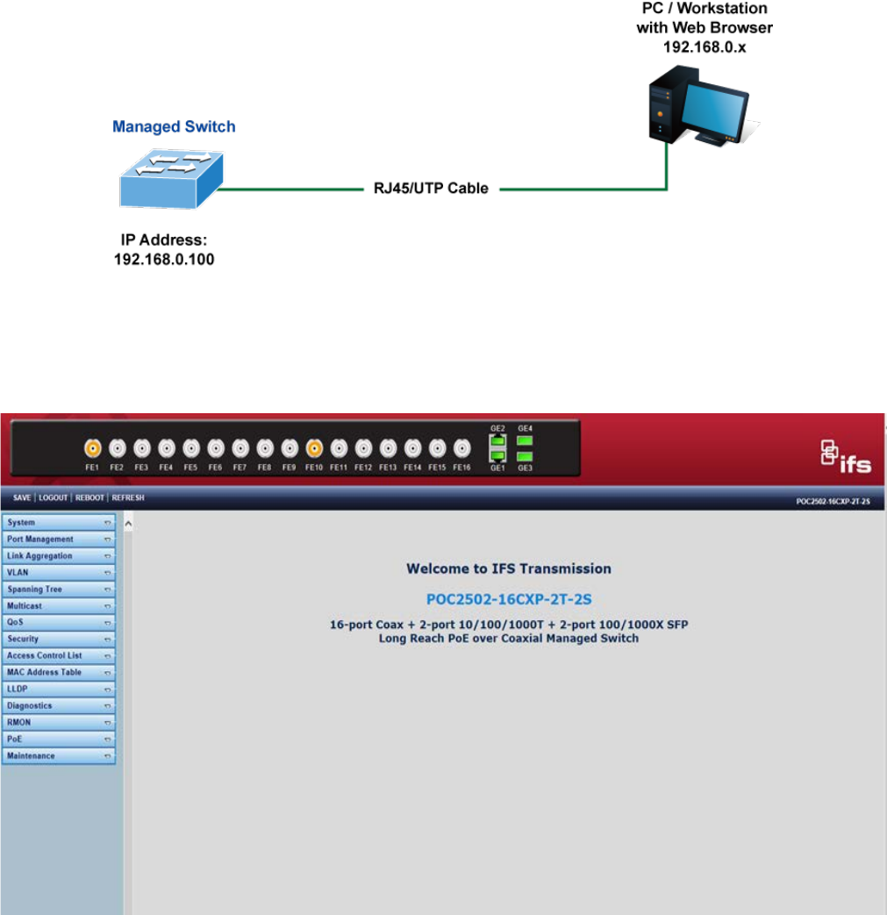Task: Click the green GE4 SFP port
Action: pos(525,440)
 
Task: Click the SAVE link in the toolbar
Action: pos(22,497)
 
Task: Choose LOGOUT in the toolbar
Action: pos(54,497)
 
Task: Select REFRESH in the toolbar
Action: pos(128,497)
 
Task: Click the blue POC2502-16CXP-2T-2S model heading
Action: pos(509,600)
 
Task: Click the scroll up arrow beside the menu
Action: pos(127,524)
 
